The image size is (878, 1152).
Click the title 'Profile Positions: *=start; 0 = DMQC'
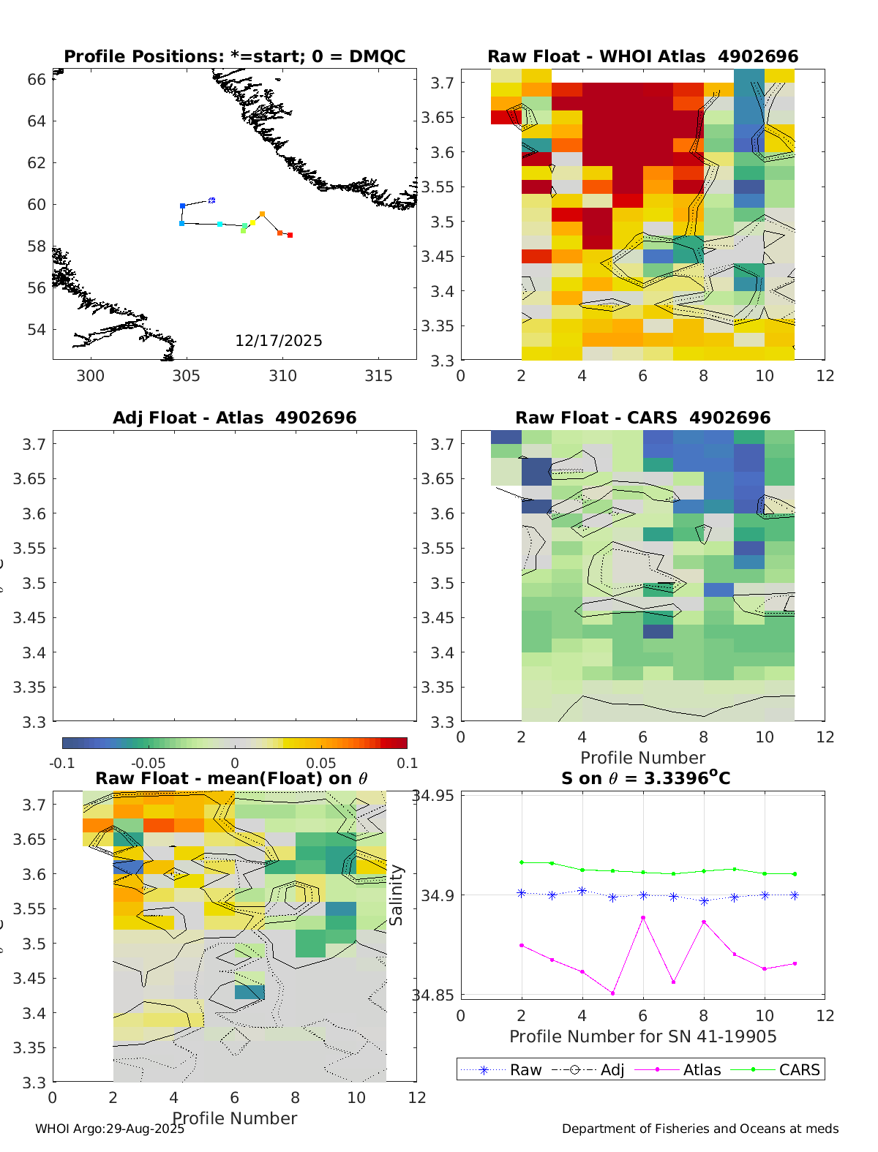(234, 56)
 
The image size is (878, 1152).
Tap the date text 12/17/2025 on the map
(278, 341)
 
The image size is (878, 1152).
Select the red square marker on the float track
(290, 235)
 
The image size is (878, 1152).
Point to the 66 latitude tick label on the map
(37, 79)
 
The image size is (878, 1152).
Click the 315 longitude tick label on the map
(378, 376)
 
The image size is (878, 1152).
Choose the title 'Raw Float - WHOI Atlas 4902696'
(642, 56)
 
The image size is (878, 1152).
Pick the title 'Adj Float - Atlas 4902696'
(234, 418)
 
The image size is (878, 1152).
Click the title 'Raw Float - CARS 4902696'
(642, 418)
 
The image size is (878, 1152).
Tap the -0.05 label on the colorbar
(149, 764)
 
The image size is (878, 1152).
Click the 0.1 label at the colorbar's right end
(408, 764)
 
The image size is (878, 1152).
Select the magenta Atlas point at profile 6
(643, 917)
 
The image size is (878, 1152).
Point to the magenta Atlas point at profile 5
(612, 993)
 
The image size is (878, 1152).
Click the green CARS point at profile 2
(522, 862)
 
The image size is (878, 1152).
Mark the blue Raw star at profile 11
(795, 895)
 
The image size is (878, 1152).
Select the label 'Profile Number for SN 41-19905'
(642, 1036)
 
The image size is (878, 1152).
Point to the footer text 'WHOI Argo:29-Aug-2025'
(110, 1129)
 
